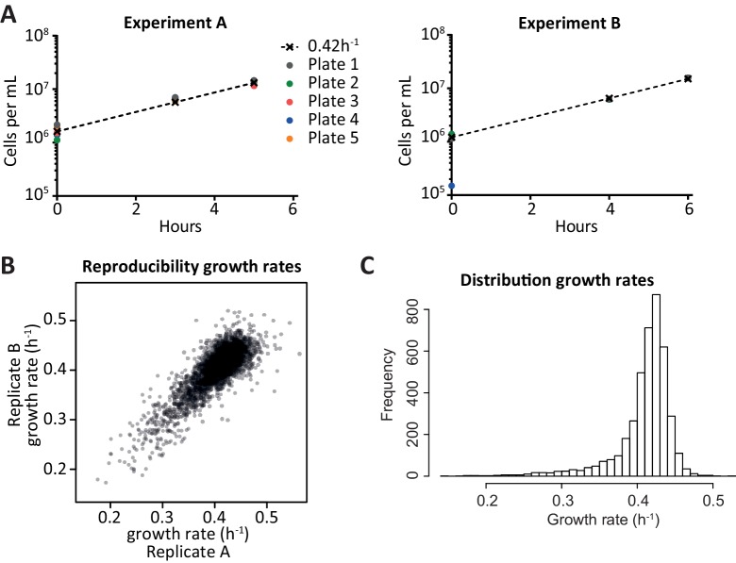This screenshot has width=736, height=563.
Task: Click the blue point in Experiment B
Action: tap(452, 186)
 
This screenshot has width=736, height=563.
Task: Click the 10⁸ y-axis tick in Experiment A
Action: tap(36, 37)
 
